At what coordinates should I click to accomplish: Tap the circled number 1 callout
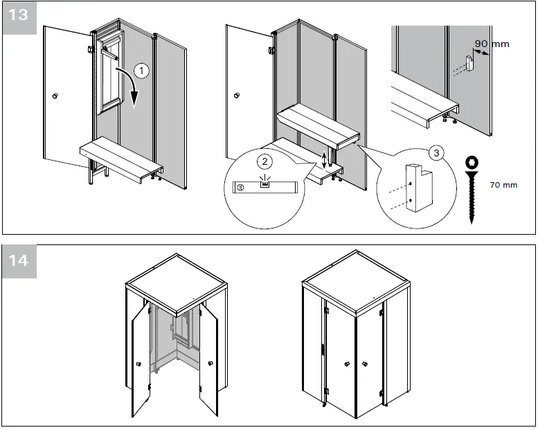click(141, 70)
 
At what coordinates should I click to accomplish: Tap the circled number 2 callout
click(264, 161)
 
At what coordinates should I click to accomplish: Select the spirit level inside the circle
click(264, 186)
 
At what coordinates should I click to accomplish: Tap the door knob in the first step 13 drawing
click(55, 94)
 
